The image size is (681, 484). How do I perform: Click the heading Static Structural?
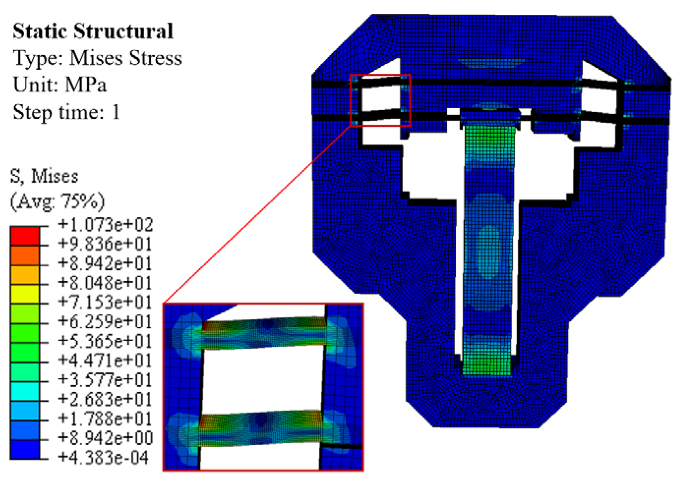tap(93, 31)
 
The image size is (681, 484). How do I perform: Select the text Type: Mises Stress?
tap(97, 58)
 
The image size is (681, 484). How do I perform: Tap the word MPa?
tap(86, 84)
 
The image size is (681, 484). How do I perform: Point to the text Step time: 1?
tap(66, 112)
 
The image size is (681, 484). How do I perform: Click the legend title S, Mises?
tap(44, 177)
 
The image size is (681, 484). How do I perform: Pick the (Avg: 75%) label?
tap(58, 201)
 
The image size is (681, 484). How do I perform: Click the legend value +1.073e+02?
tap(105, 225)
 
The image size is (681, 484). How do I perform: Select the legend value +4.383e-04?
tap(103, 457)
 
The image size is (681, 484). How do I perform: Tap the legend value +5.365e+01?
tap(105, 341)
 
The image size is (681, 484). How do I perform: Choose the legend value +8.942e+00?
tap(105, 438)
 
